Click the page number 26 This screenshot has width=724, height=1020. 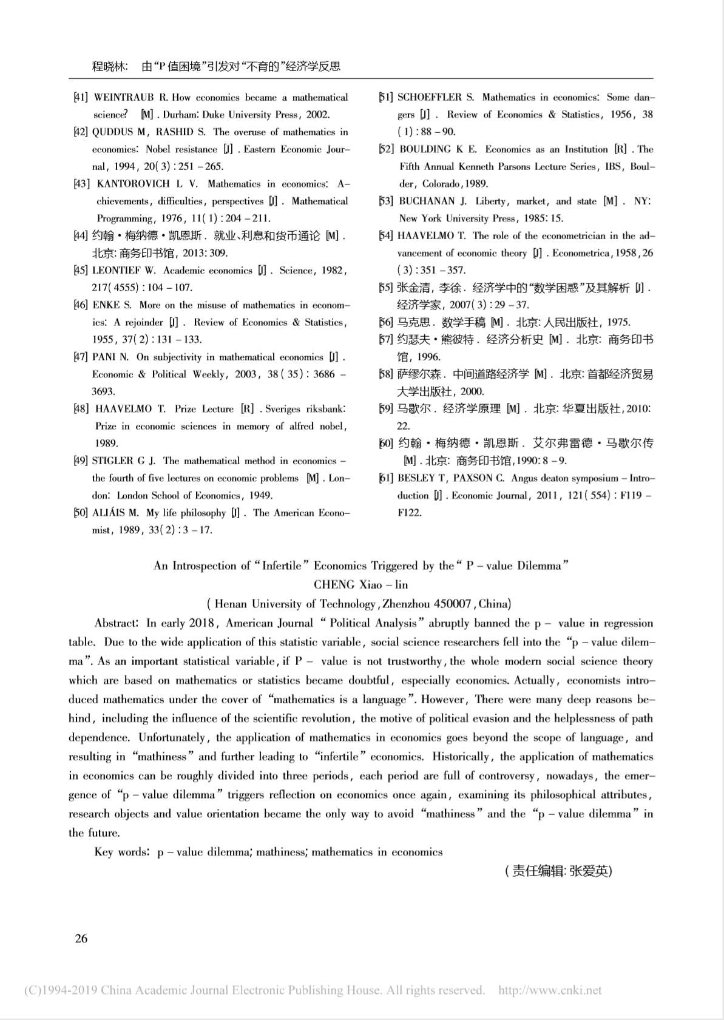[81, 938]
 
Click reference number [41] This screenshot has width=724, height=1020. [81, 98]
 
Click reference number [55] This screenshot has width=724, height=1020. [386, 288]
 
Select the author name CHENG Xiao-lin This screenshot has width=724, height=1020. [360, 585]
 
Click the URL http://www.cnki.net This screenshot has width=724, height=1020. [550, 990]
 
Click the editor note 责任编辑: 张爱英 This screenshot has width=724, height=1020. [558, 871]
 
